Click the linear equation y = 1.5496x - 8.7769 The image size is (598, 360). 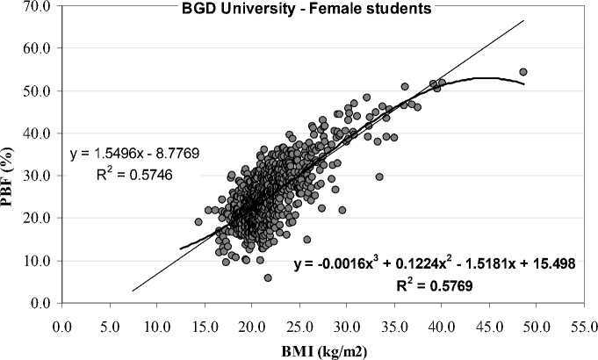coord(135,153)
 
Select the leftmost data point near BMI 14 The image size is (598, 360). coord(198,222)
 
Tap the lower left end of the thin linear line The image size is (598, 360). coord(133,291)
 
